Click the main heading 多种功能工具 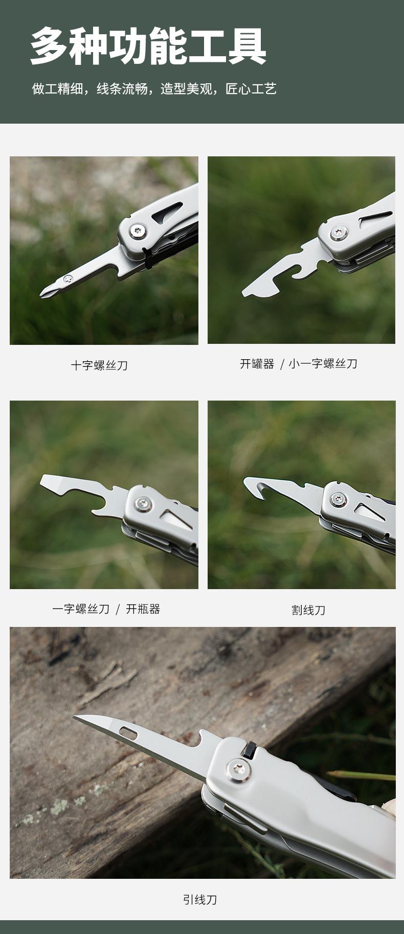[x=148, y=46]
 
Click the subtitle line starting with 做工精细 [x=154, y=89]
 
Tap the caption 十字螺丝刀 [x=99, y=365]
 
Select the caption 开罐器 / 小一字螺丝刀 [x=299, y=364]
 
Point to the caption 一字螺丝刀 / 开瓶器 [x=106, y=609]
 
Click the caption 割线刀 [x=308, y=610]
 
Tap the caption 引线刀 [x=200, y=899]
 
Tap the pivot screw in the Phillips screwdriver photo [x=138, y=232]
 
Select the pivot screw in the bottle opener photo [x=145, y=503]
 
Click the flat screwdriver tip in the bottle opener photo [x=42, y=481]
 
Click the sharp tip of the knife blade [x=75, y=717]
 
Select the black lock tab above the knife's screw [x=251, y=747]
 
